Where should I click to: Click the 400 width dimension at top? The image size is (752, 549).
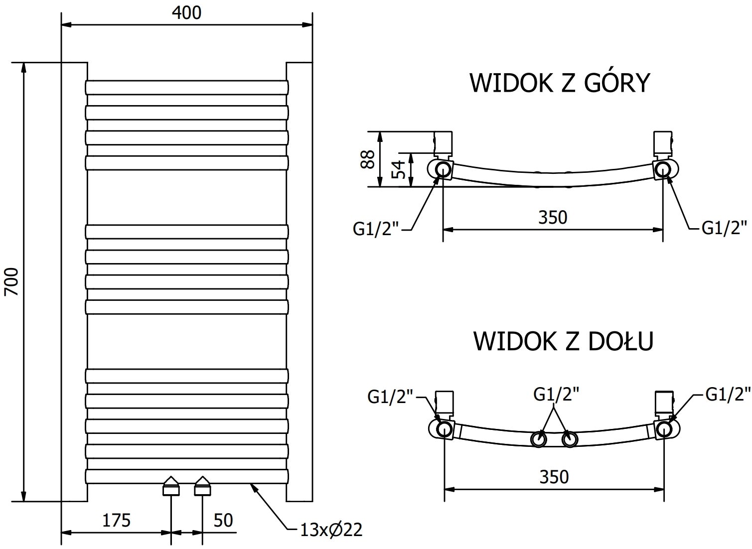pos(187,12)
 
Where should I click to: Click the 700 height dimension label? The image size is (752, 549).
pos(11,282)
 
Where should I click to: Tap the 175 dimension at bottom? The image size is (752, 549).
pos(116,520)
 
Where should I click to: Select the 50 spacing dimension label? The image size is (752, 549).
pos(223,520)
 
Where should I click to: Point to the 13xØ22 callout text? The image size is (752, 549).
pos(331,530)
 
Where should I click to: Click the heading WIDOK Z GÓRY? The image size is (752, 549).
pos(560,83)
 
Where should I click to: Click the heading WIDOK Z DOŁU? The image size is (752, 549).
pos(563,341)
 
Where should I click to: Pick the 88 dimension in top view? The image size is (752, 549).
pos(368,159)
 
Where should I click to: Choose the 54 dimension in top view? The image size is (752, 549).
pos(398,170)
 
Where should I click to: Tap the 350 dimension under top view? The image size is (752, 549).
pos(553,217)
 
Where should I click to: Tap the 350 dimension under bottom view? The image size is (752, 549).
pos(554,477)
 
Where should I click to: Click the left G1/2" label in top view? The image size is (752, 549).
pos(376,229)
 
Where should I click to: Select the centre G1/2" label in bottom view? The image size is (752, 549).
pos(556,394)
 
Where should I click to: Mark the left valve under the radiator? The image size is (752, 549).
pos(171,486)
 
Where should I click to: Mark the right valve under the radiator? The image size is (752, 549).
pos(202,486)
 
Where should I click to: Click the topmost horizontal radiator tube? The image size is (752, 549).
pos(187,88)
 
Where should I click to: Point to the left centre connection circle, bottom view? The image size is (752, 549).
pos(539,439)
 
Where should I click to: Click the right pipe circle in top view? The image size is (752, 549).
pos(663,169)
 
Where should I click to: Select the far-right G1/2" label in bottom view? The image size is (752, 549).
pos(728,394)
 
